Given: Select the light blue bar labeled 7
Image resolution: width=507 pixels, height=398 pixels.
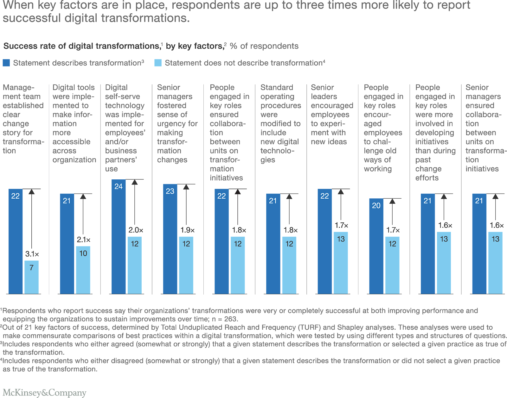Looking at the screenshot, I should (31, 277).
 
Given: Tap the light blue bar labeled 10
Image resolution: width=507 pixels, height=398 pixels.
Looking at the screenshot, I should (83, 270).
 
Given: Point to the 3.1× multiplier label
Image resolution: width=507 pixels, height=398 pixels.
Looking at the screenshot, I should (32, 254).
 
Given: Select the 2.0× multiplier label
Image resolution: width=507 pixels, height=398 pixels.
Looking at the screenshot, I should (136, 230).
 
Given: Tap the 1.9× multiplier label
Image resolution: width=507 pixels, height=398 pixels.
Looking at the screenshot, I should (187, 230).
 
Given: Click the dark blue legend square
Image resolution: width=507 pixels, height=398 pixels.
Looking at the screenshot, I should (6, 63).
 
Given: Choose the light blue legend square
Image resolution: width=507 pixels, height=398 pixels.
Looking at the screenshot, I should (158, 63).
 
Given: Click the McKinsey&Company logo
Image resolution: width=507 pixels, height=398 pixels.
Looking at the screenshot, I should (45, 393).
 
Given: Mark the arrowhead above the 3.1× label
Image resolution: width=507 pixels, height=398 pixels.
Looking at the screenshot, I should (31, 192).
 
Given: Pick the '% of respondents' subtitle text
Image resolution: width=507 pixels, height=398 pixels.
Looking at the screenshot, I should (264, 46).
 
